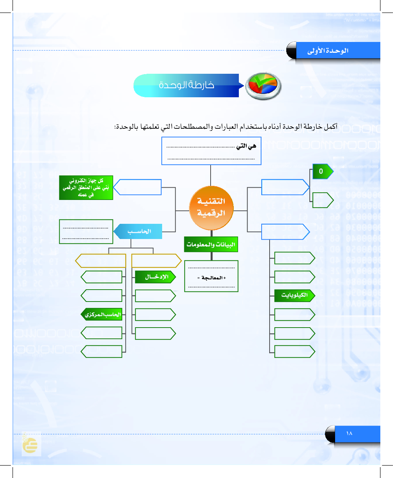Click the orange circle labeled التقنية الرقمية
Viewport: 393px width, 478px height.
pyautogui.click(x=211, y=208)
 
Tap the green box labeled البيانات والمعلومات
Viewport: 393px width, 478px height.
pyautogui.click(x=211, y=244)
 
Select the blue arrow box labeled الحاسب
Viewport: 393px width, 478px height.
pyautogui.click(x=138, y=231)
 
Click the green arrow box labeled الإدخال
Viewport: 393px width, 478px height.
pyautogui.click(x=155, y=277)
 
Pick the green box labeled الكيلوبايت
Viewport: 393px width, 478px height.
pyautogui.click(x=294, y=295)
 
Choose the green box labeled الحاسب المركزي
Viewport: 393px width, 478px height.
pyautogui.click(x=102, y=315)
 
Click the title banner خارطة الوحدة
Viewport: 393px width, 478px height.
pyautogui.click(x=187, y=85)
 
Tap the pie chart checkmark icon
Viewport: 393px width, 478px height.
pyautogui.click(x=263, y=86)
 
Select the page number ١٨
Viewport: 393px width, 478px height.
pyautogui.click(x=349, y=434)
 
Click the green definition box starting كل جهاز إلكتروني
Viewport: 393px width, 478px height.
pyautogui.click(x=86, y=188)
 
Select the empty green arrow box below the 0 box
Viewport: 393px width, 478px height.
pyautogui.click(x=322, y=200)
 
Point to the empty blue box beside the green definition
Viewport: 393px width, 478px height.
pyautogui.click(x=138, y=187)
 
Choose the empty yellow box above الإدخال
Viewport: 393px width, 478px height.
pyautogui.click(x=156, y=260)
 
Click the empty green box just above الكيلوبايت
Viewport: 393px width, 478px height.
pyautogui.click(x=294, y=277)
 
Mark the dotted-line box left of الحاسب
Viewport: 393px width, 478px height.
pyautogui.click(x=86, y=231)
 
